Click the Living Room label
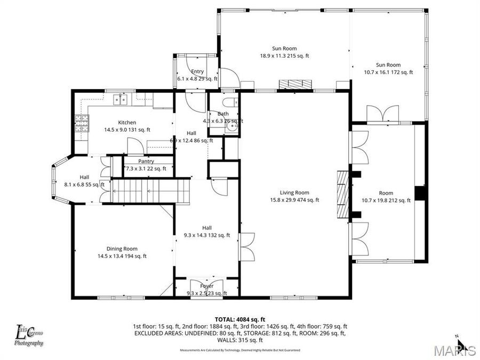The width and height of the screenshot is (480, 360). coord(294,193)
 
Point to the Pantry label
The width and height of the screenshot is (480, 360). coord(146,161)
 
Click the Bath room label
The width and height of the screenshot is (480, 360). coord(223,114)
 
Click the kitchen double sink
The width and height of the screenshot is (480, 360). coord(119,99)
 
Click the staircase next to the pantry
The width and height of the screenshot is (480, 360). coord(149,191)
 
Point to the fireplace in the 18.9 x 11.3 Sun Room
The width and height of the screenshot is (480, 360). coord(295,84)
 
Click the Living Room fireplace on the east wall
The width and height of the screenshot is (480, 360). coord(342,194)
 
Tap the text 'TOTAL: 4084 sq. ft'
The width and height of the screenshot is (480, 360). coord(239,318)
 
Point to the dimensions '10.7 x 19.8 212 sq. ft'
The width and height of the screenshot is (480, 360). coord(386,201)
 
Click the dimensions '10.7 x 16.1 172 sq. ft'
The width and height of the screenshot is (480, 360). coord(388,72)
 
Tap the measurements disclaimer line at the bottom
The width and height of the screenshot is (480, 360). coord(239,350)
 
